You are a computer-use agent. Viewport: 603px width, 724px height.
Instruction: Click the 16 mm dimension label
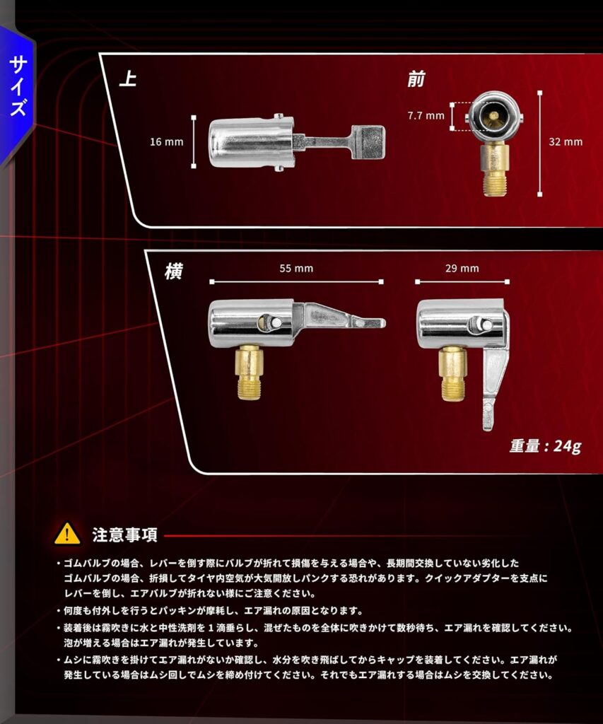[166, 141]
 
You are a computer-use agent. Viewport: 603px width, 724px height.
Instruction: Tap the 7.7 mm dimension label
[426, 115]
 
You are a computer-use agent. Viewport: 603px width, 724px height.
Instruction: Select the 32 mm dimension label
[566, 141]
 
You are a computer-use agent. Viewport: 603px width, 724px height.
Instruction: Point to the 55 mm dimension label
[296, 268]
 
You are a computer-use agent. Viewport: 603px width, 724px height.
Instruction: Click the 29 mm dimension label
[462, 268]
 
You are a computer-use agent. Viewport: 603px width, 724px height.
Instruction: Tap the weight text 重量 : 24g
[545, 446]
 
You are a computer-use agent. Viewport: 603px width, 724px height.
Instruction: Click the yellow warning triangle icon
[67, 534]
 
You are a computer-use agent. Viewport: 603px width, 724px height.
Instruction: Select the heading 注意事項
[124, 535]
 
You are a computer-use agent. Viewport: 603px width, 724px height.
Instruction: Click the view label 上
[128, 78]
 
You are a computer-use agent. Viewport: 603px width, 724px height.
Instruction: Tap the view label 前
[416, 79]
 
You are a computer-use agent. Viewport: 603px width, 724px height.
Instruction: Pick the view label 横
[173, 271]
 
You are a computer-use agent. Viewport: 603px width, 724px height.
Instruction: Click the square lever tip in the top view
[368, 142]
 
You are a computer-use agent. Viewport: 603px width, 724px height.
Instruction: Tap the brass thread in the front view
[495, 184]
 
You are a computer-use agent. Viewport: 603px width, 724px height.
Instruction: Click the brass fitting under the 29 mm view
[452, 373]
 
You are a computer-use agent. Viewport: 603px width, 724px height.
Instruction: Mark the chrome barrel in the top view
[252, 143]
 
